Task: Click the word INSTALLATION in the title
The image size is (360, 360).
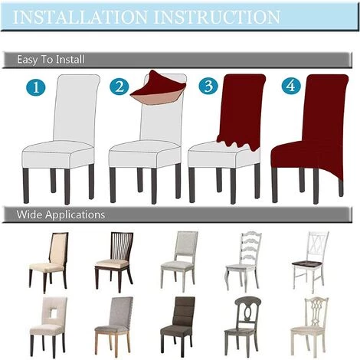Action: click(x=80, y=17)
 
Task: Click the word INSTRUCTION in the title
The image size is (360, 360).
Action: click(x=217, y=17)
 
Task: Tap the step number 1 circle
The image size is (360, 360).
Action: click(x=36, y=87)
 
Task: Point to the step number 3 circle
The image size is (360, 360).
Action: click(x=208, y=85)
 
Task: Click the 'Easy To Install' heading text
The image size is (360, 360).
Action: click(x=51, y=60)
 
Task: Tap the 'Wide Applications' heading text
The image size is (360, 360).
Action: click(x=61, y=214)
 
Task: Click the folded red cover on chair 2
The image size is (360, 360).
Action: click(x=159, y=87)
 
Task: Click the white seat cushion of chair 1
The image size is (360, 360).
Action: click(x=58, y=154)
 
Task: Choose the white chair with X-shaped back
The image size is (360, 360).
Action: click(x=310, y=261)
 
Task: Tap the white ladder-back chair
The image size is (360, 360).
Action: click(x=243, y=261)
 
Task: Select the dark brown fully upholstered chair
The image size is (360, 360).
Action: click(x=178, y=326)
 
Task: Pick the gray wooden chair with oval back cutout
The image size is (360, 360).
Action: click(x=243, y=326)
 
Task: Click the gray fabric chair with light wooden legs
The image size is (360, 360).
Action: click(x=114, y=326)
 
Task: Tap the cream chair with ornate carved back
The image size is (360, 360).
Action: click(x=310, y=326)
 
